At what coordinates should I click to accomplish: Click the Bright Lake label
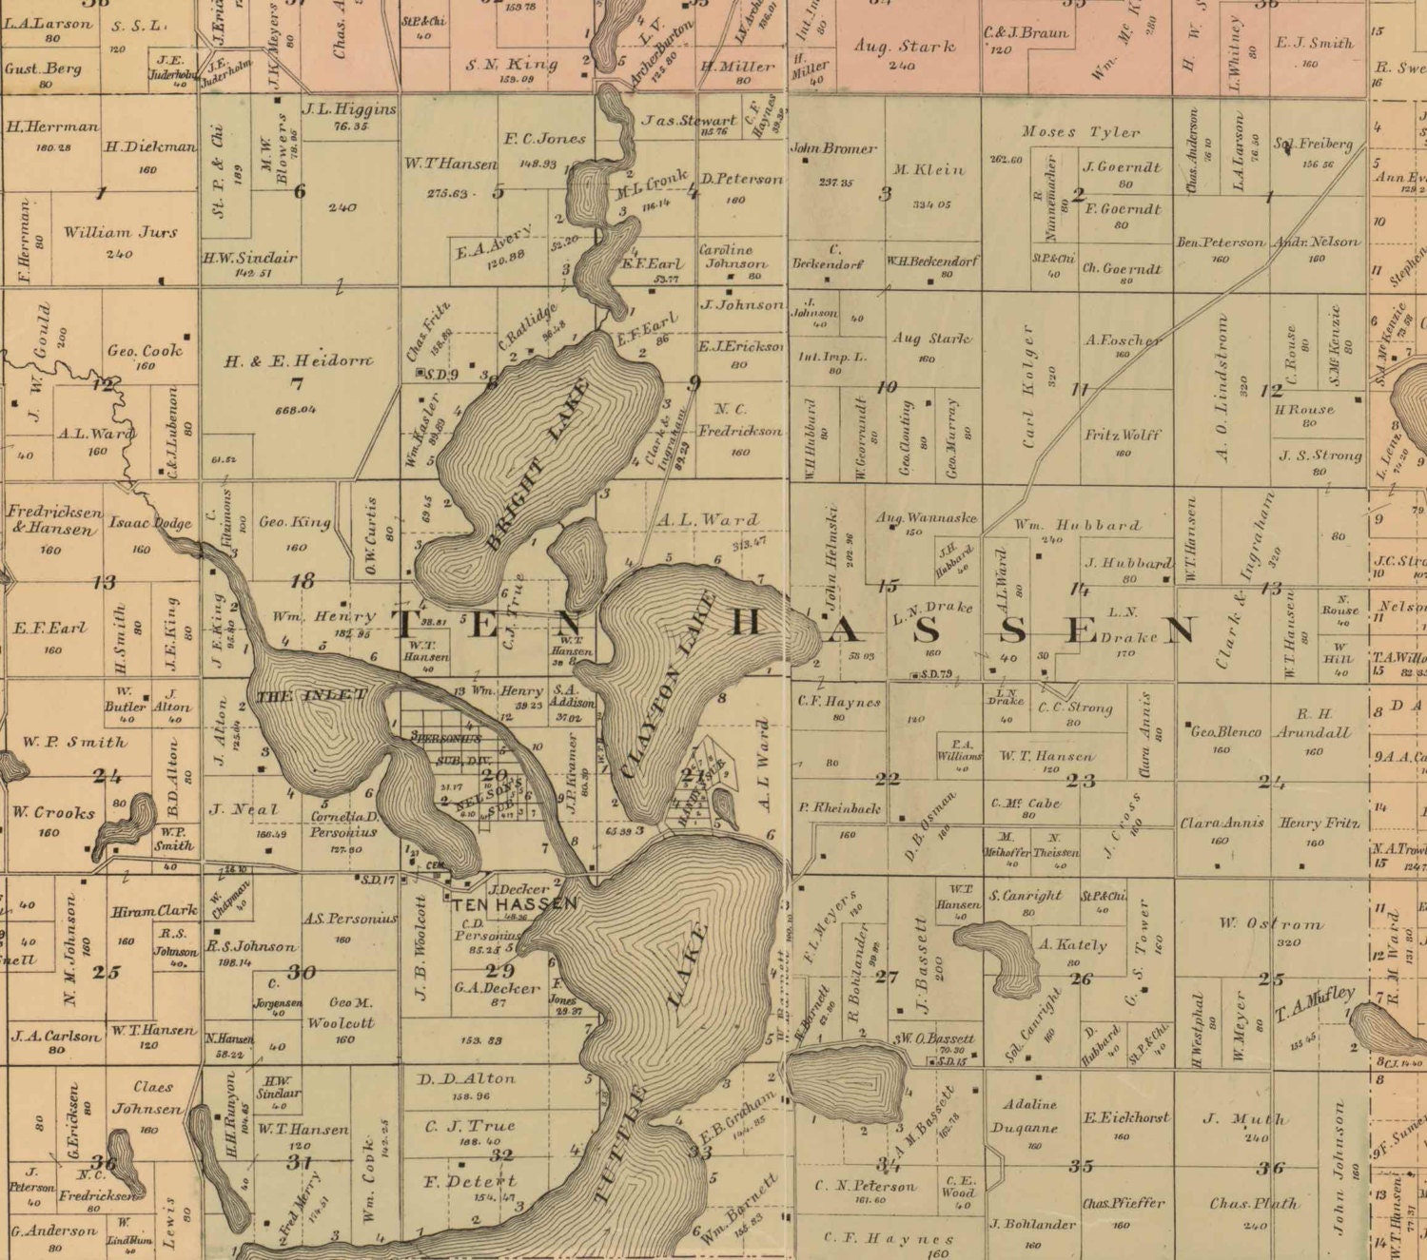(538, 464)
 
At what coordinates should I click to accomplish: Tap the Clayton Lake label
(668, 684)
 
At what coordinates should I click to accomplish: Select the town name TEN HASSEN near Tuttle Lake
(514, 903)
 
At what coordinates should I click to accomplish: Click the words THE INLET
(311, 696)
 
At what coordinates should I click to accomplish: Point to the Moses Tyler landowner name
(1081, 132)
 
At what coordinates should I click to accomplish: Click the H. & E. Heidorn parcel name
(298, 360)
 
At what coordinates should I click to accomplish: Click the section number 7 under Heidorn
(296, 384)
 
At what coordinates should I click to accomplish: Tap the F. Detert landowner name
(469, 1182)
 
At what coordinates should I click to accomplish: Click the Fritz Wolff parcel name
(1123, 435)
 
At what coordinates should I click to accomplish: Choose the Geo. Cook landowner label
(144, 350)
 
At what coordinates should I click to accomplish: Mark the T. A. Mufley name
(1316, 1002)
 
